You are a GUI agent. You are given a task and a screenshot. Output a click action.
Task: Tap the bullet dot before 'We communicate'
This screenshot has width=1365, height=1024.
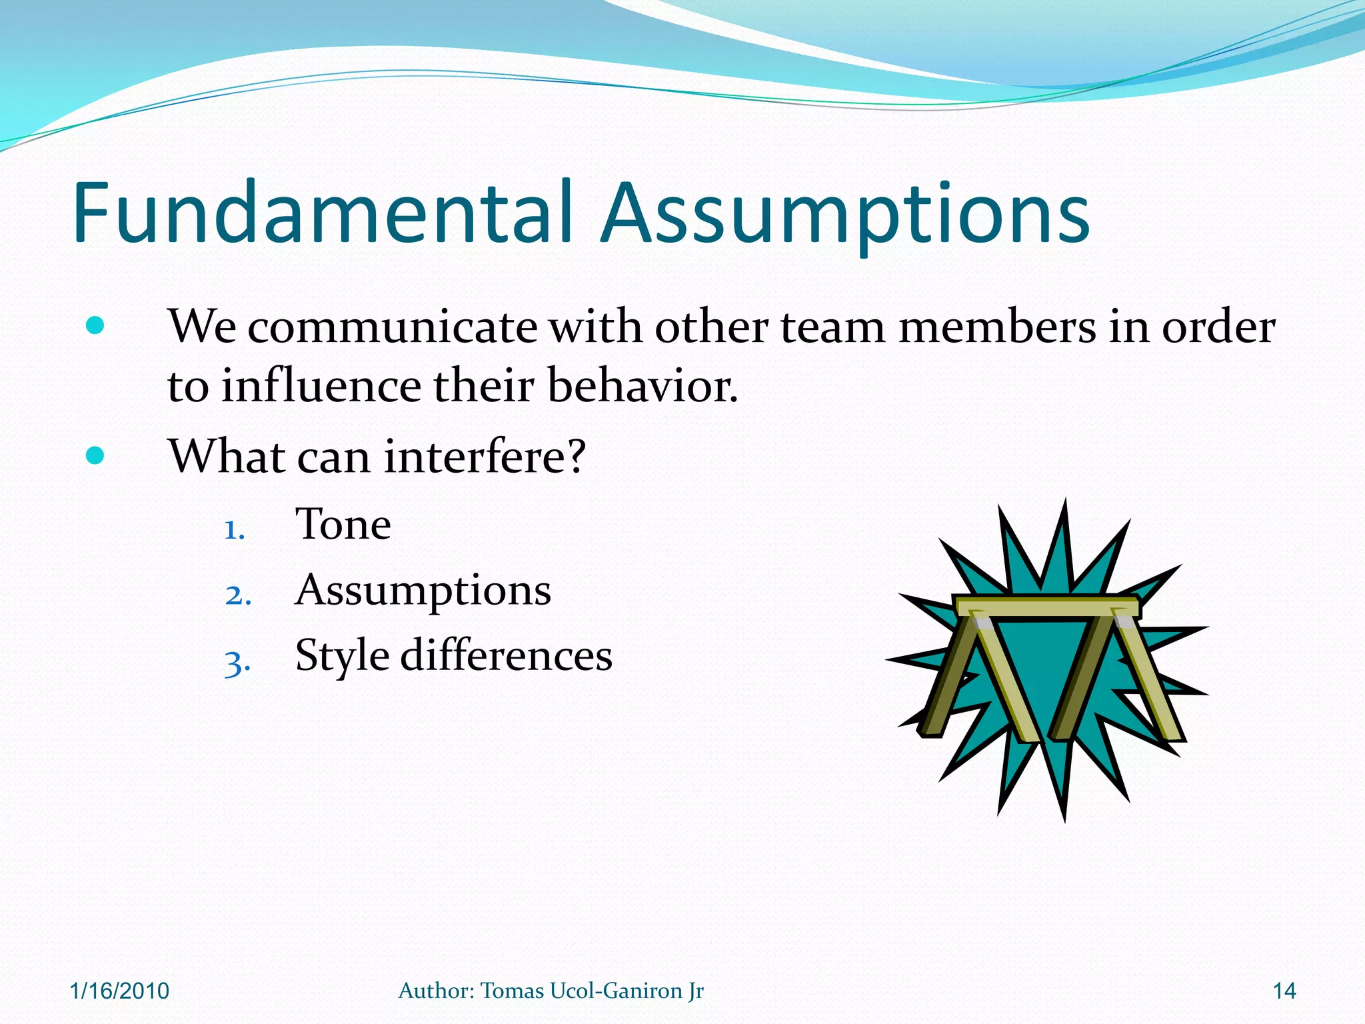(95, 326)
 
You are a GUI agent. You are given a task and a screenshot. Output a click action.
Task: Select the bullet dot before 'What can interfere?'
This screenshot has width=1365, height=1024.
(95, 456)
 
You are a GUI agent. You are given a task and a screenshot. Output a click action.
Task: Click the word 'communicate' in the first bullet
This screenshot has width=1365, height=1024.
(392, 327)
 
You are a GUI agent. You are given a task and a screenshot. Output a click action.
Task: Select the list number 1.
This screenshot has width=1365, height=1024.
(234, 530)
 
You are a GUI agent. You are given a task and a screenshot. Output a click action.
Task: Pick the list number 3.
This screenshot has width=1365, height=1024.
(237, 663)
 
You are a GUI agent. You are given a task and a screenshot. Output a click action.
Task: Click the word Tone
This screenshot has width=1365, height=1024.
(343, 524)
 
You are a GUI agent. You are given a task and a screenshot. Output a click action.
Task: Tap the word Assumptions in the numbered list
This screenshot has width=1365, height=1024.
(423, 591)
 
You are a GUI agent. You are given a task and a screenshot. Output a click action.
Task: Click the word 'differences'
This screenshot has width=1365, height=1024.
(506, 655)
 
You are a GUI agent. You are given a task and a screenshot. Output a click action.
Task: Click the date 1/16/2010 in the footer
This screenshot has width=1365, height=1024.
(119, 991)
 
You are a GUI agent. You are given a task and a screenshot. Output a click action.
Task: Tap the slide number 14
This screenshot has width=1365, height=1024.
(1284, 991)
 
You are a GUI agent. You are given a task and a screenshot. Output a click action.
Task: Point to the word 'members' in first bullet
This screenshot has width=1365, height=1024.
(997, 327)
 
